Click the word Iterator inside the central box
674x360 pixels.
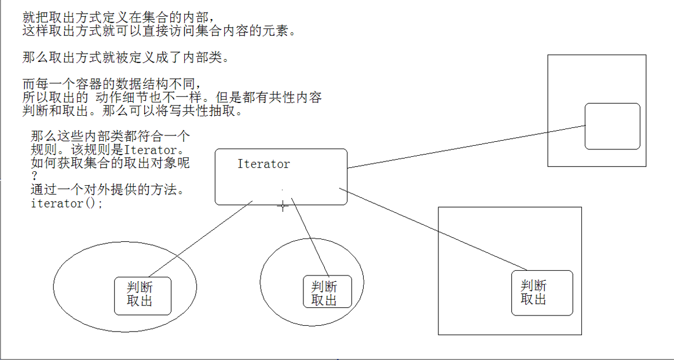263,164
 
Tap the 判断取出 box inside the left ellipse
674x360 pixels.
142,296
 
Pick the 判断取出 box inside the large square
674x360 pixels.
542,293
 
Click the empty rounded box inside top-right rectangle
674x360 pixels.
612,126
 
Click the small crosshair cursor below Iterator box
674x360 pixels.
283,205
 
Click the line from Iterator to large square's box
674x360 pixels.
434,229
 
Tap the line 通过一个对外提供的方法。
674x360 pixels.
108,190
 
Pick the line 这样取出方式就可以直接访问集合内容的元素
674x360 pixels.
159,31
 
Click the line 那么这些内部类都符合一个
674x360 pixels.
110,137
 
